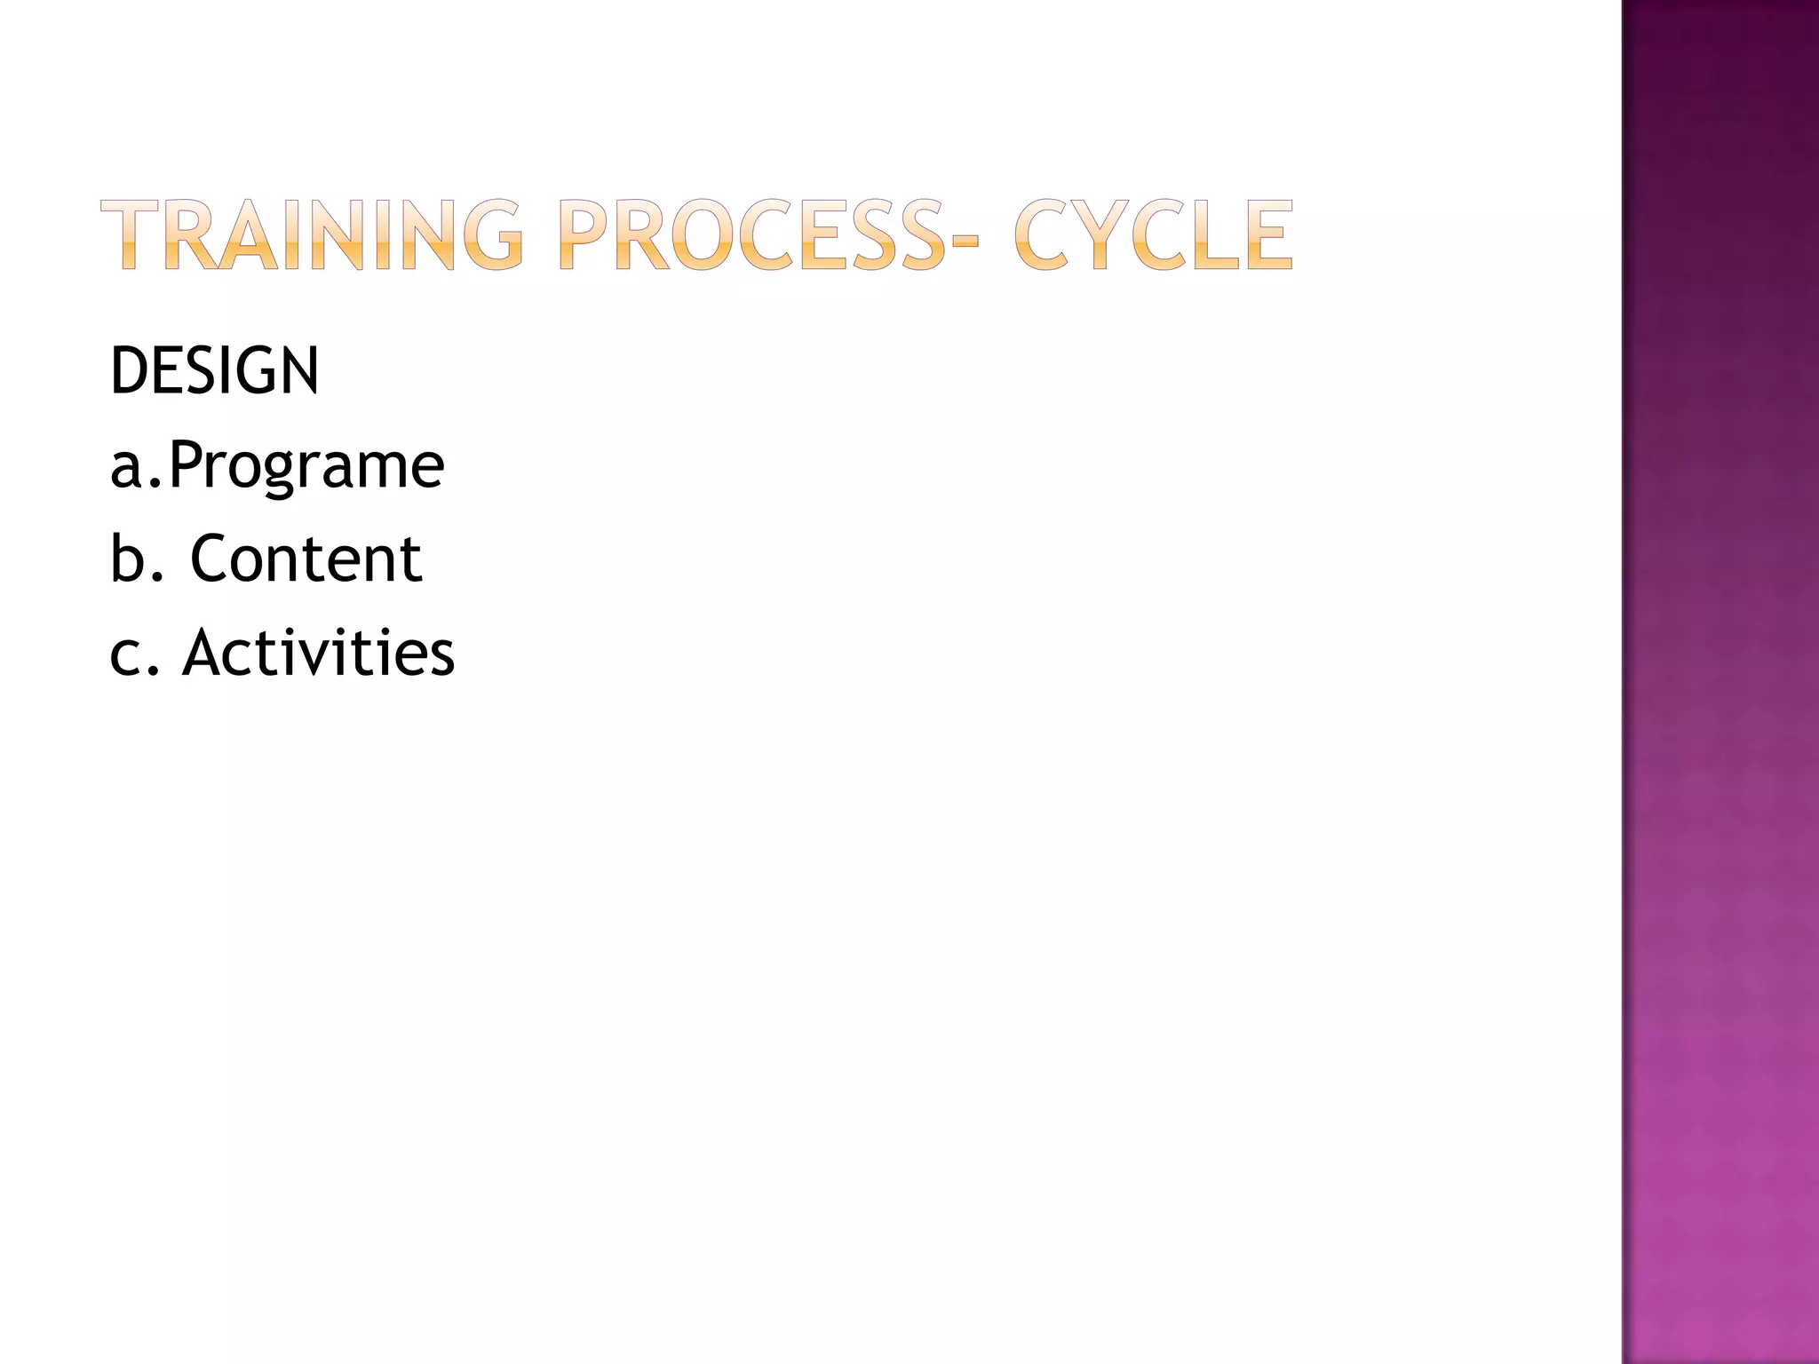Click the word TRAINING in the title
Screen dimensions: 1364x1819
click(312, 234)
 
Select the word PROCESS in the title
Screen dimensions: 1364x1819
click(751, 234)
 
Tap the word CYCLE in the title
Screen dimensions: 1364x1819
click(1153, 234)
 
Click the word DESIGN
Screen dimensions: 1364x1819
click(214, 371)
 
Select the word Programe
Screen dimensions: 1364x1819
click(306, 466)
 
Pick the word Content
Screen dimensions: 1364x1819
click(306, 559)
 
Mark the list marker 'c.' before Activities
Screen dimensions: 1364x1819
click(134, 655)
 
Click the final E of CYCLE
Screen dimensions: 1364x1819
click(1267, 234)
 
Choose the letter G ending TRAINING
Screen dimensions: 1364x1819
click(493, 234)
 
